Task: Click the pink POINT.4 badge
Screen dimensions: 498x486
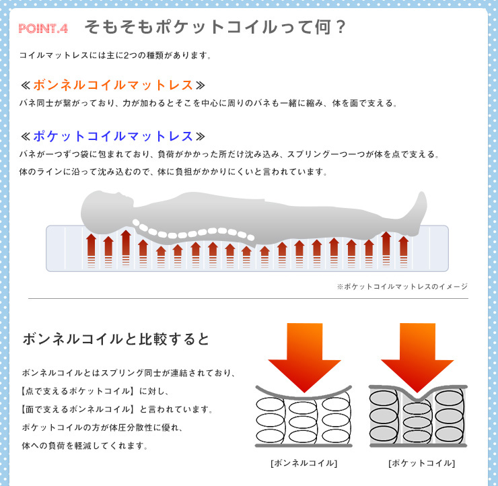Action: pos(43,28)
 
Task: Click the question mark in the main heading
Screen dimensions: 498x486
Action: pos(341,27)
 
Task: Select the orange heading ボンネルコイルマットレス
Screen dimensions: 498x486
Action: pos(113,85)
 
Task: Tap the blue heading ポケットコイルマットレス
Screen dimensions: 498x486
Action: pos(113,136)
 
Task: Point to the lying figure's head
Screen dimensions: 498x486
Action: pos(105,209)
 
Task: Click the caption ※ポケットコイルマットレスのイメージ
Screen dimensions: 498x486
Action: pos(402,287)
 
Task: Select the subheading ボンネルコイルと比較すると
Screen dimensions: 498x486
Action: pos(116,339)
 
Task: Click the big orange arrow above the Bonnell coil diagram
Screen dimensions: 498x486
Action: pos(304,356)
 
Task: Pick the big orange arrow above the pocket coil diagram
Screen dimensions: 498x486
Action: pos(417,356)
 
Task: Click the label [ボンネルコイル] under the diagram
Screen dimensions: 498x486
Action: pos(304,463)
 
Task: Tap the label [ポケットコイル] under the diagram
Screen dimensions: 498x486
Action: pos(421,463)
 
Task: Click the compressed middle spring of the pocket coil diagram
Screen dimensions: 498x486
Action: pos(417,422)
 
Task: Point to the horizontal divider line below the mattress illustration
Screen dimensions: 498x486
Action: pos(248,299)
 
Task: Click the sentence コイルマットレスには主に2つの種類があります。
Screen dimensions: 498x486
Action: pos(115,55)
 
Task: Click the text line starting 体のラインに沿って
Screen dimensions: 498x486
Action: pos(173,172)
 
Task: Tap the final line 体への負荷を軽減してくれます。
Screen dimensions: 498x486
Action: pos(85,446)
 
